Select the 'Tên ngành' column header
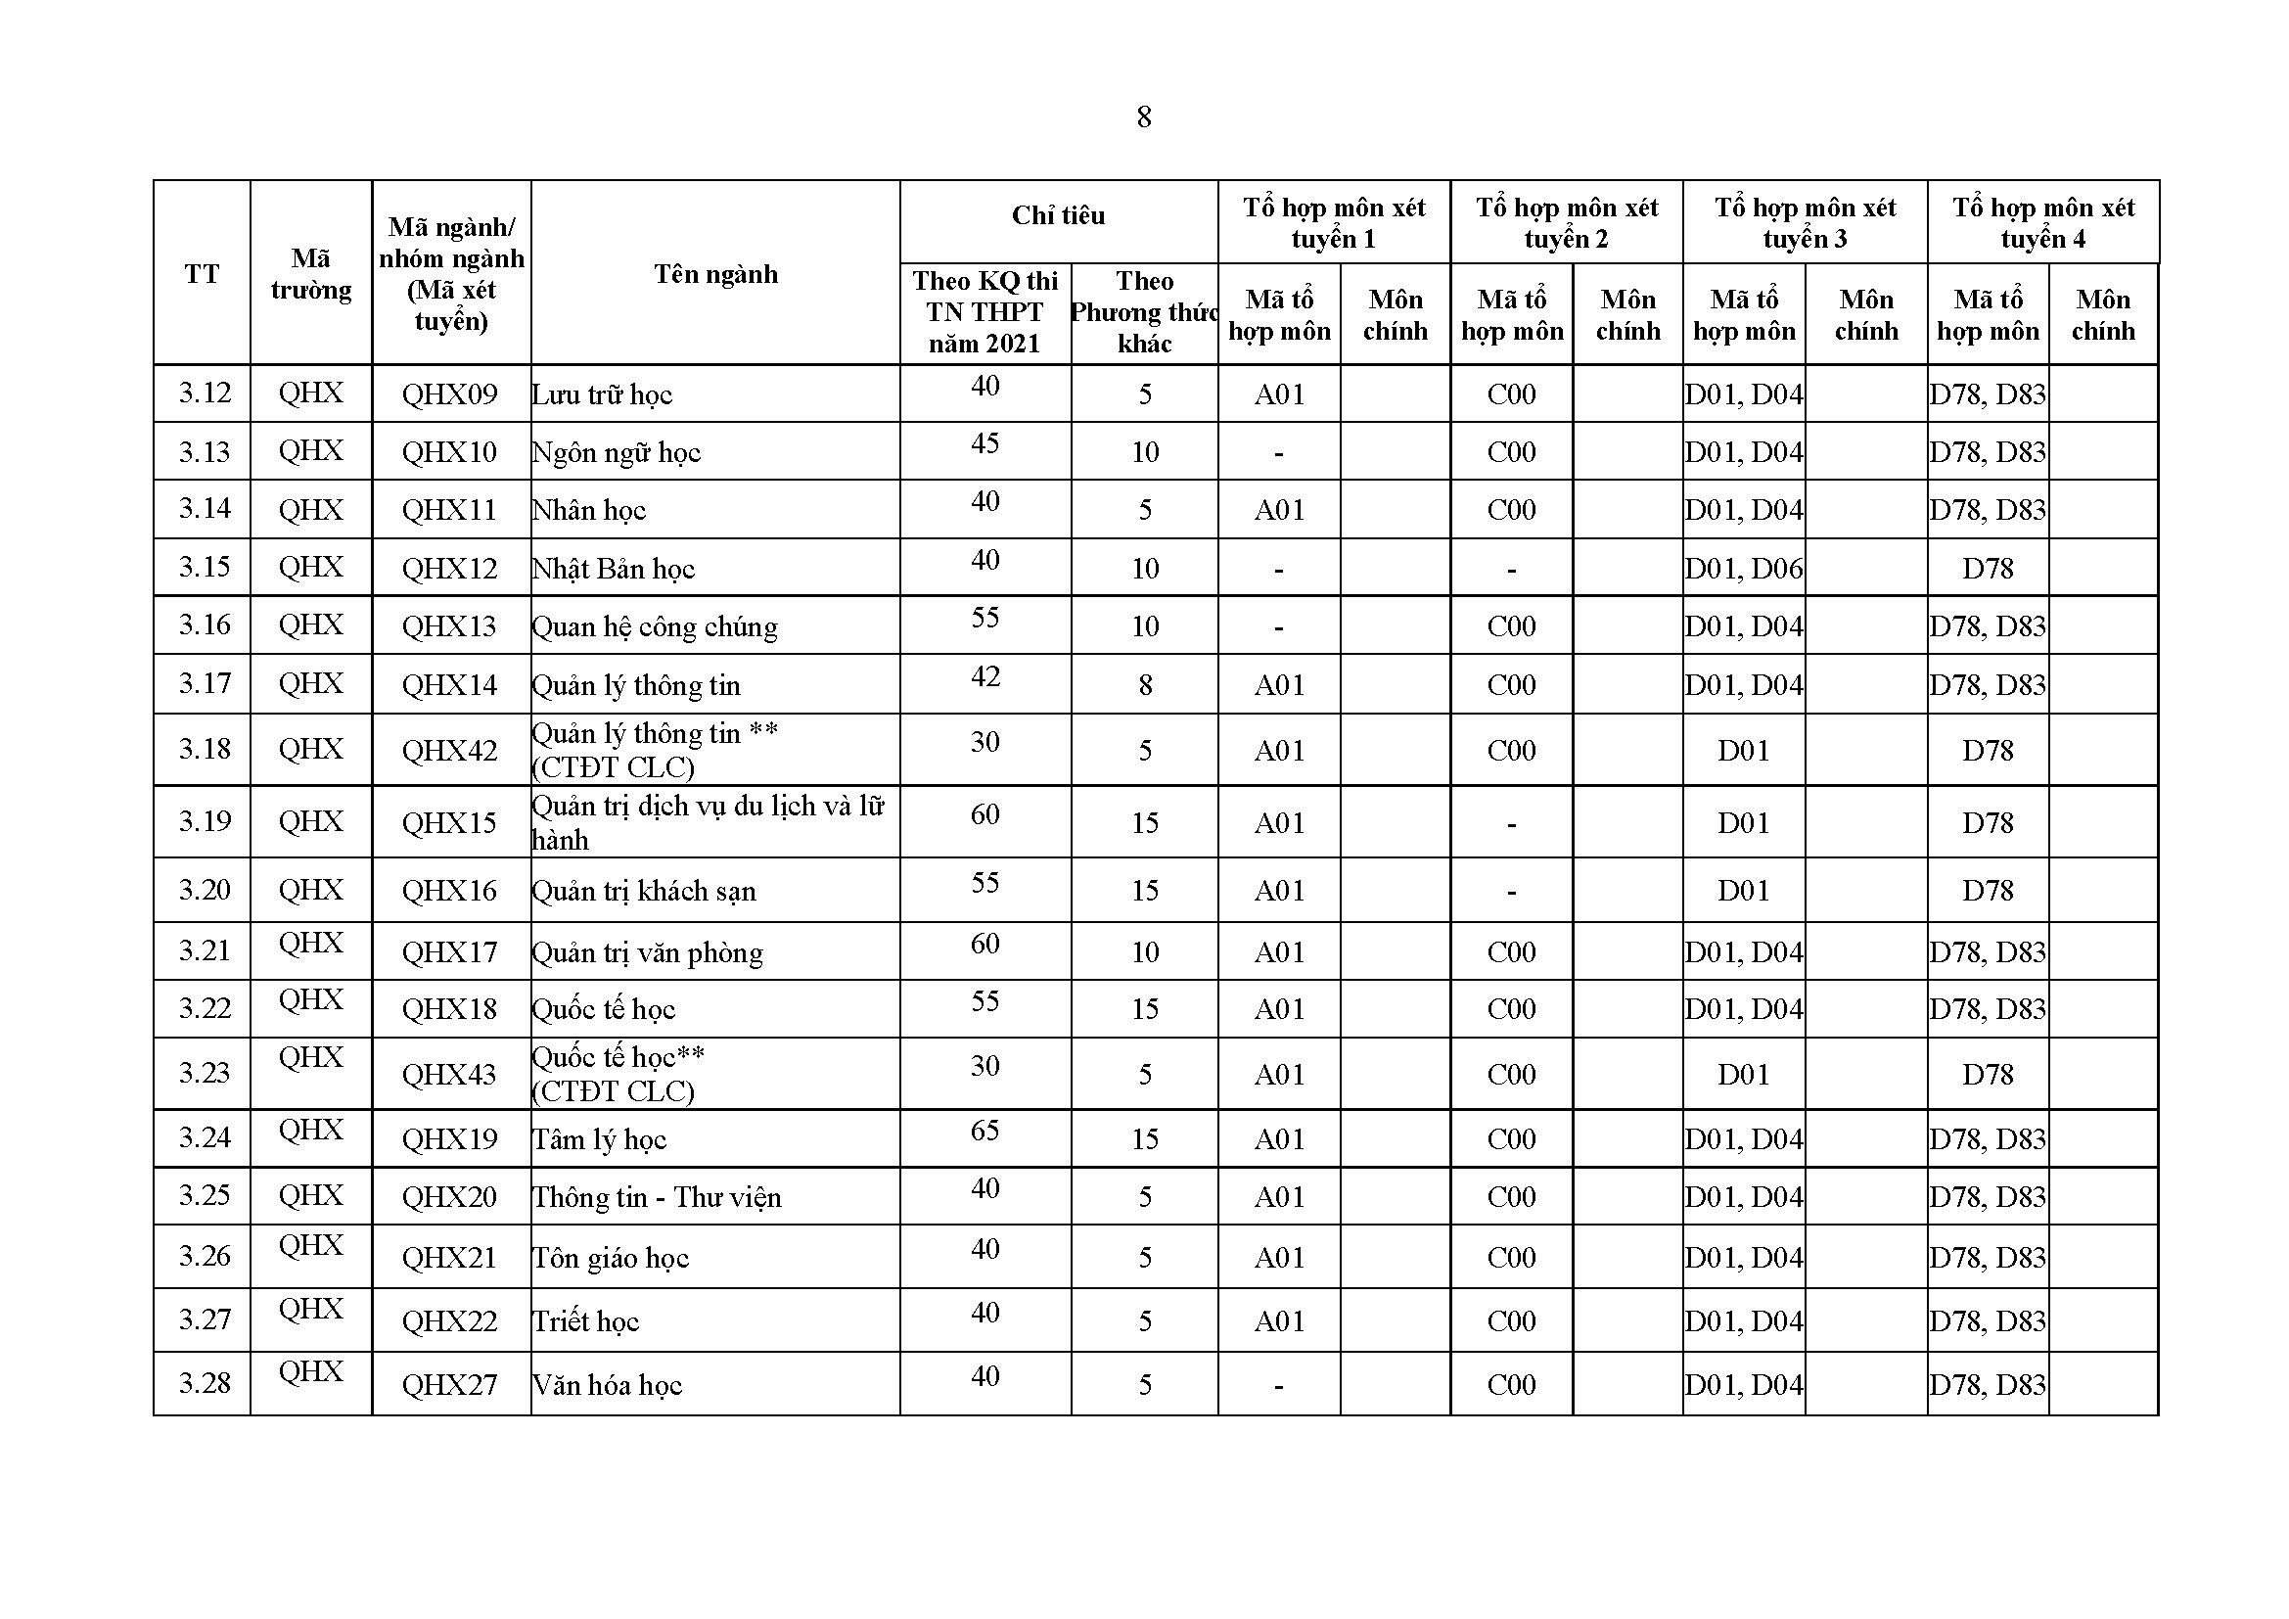(714, 274)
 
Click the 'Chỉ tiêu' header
(1058, 215)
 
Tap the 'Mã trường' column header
(310, 274)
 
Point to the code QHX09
(449, 393)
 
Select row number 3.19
(204, 821)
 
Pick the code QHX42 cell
(449, 750)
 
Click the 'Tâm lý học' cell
(599, 1138)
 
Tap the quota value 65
(985, 1131)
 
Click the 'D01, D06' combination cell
(1744, 569)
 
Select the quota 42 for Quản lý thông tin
(985, 677)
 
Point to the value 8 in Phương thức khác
(1145, 685)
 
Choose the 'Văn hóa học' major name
(607, 1384)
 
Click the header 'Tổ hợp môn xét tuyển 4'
(2042, 222)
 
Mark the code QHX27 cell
(449, 1384)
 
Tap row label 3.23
(204, 1073)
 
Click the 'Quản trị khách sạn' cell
(644, 890)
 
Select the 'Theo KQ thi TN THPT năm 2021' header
(985, 312)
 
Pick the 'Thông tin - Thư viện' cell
(657, 1196)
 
